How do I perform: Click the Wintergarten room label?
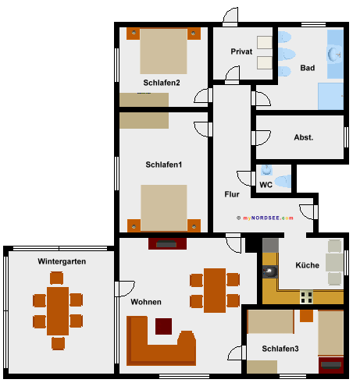click(x=62, y=261)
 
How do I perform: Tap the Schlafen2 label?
click(x=162, y=83)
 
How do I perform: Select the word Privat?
click(x=241, y=51)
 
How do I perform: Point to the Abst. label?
click(x=304, y=137)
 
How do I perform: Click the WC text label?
click(x=266, y=185)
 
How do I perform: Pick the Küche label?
click(x=307, y=265)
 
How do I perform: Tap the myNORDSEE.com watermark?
click(x=265, y=218)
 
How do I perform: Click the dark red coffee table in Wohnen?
click(x=163, y=326)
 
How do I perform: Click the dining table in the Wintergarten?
click(x=58, y=311)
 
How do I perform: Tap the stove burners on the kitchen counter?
click(x=306, y=297)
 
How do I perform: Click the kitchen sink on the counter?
click(x=270, y=272)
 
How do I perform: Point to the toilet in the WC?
click(x=283, y=181)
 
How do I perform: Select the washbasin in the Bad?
click(x=334, y=55)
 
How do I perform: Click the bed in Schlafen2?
click(x=163, y=51)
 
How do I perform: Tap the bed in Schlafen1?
click(x=164, y=207)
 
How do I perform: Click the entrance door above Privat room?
click(x=230, y=16)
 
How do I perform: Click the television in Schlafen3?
click(x=331, y=365)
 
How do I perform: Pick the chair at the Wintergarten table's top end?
click(x=56, y=278)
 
